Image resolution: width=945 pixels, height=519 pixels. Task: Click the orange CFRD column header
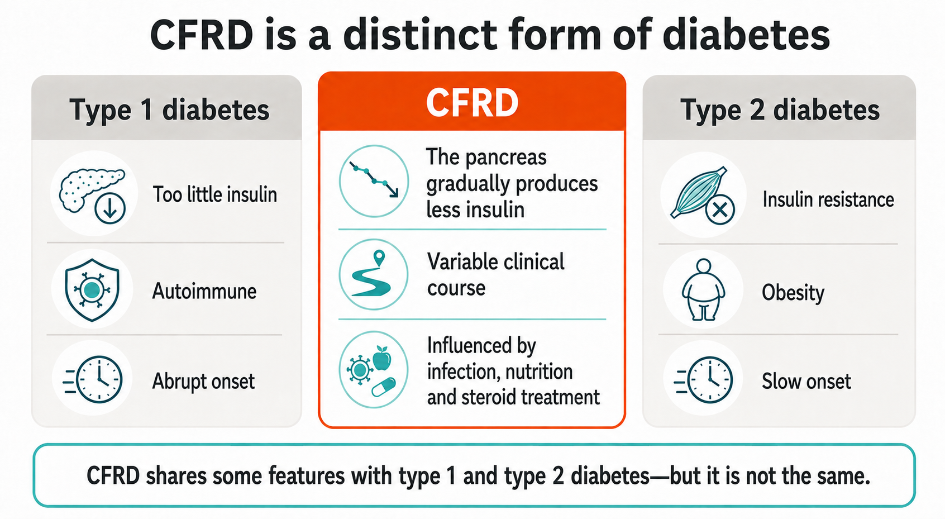(472, 102)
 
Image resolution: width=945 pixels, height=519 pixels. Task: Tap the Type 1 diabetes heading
(169, 110)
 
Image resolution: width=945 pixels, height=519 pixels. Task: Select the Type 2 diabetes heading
(780, 110)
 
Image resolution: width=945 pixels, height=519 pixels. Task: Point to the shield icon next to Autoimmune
(92, 290)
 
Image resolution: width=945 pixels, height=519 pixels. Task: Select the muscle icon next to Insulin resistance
(701, 193)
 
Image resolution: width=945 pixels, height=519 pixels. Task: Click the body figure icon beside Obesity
(703, 290)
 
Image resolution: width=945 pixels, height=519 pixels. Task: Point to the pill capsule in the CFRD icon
(384, 387)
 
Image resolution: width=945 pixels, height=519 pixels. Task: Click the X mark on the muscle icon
(720, 209)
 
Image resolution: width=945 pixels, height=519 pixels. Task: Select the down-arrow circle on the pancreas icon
(110, 208)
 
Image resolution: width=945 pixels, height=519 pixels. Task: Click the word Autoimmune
(204, 291)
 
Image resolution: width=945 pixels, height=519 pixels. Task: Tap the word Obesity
(793, 293)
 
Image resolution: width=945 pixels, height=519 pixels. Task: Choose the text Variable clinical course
(496, 275)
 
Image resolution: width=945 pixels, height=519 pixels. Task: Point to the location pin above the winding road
(379, 258)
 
